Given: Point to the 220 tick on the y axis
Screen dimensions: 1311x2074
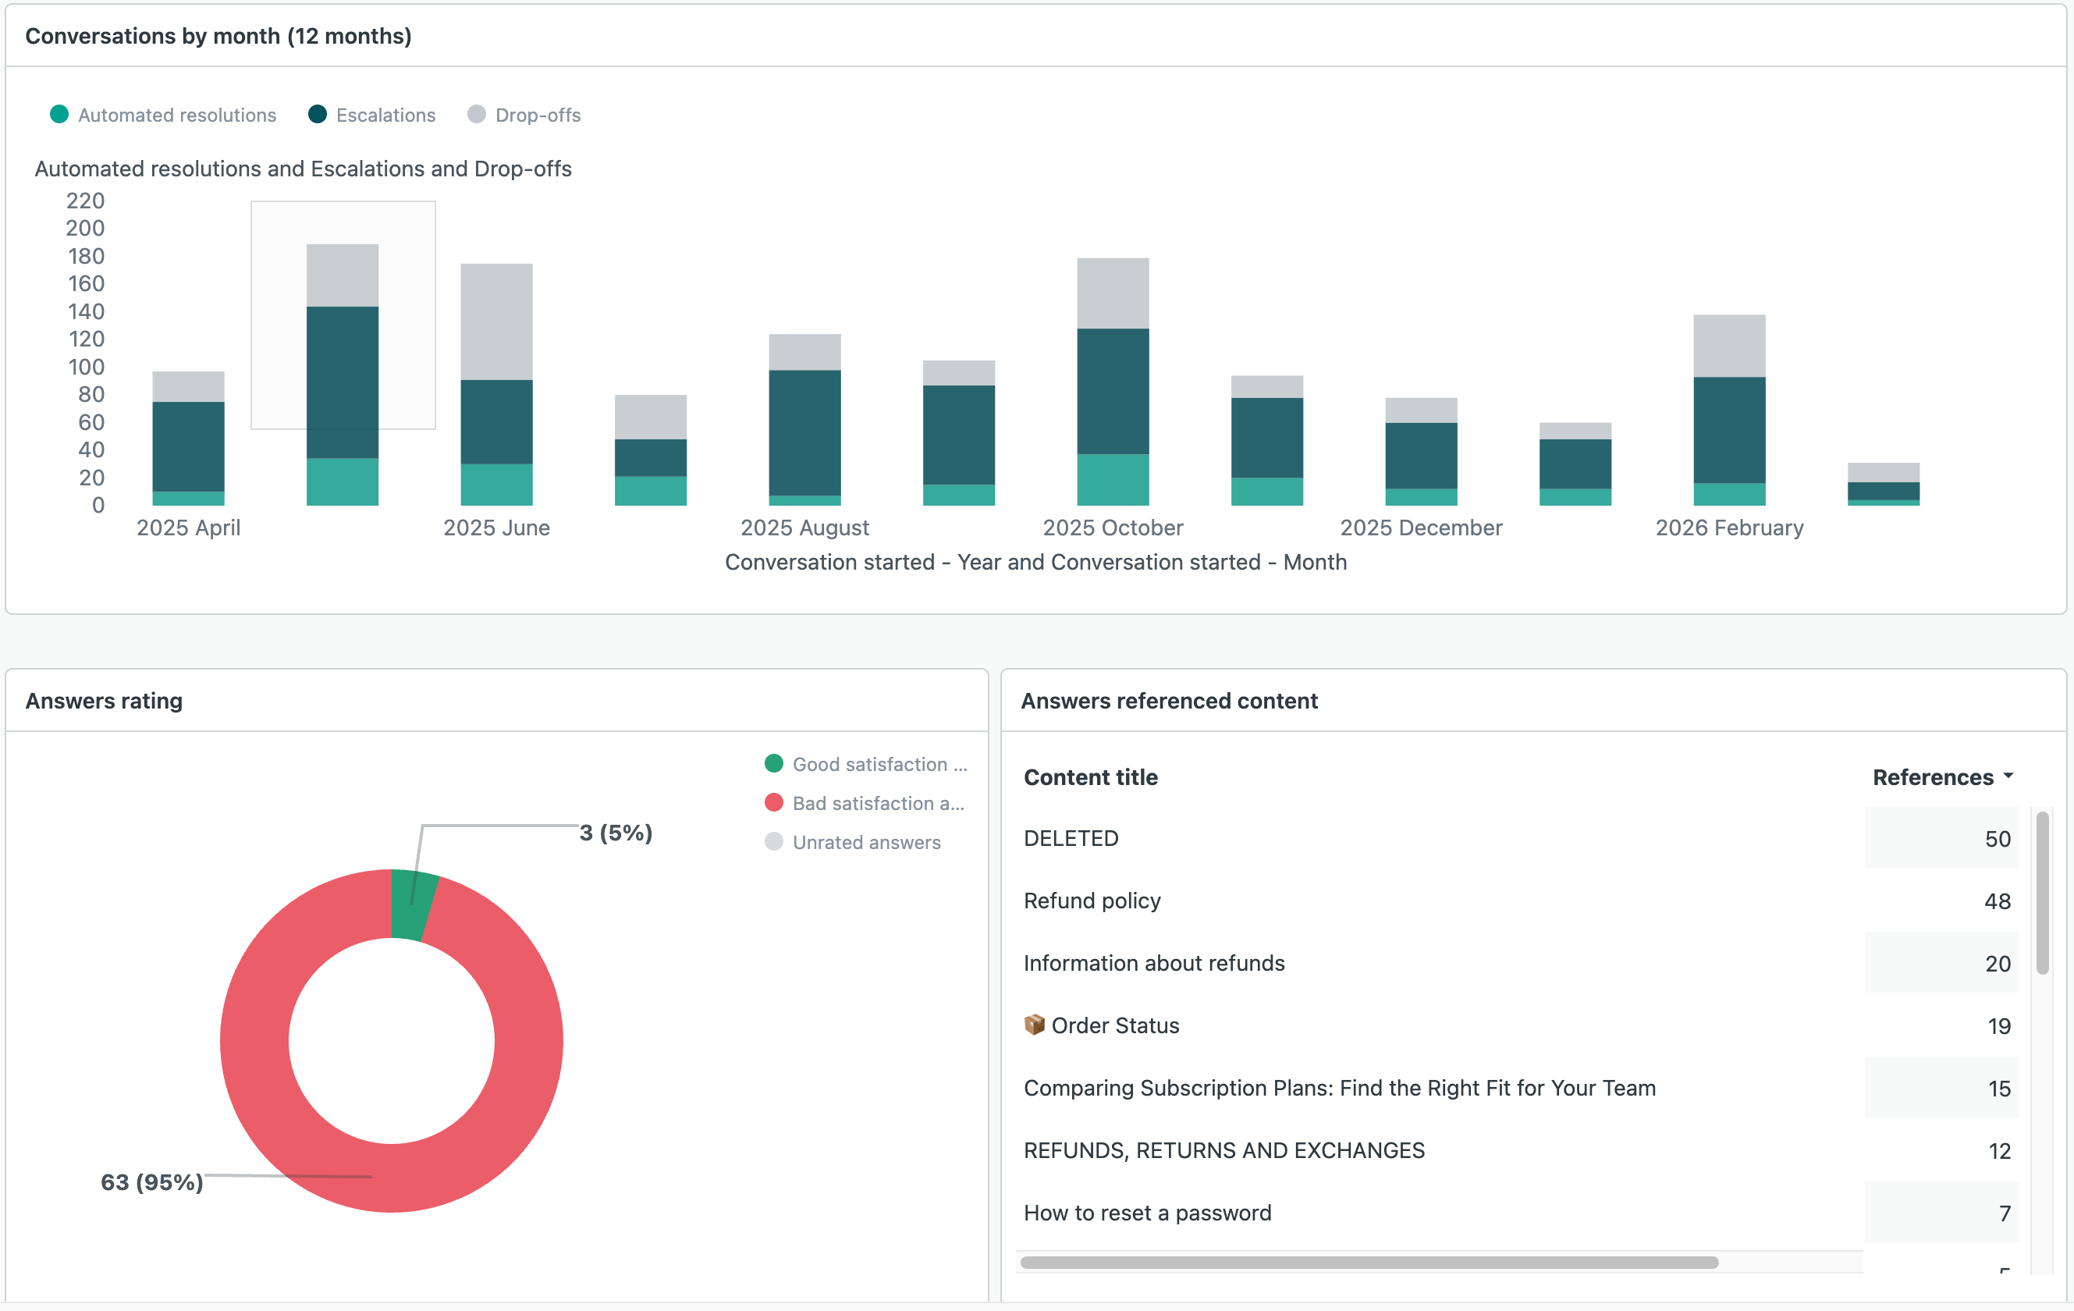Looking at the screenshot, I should pyautogui.click(x=85, y=201).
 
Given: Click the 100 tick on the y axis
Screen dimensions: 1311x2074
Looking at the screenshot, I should pyautogui.click(x=85, y=367).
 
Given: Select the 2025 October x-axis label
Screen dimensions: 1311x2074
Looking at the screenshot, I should pyautogui.click(x=1113, y=528).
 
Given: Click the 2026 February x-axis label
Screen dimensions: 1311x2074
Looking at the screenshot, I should pyautogui.click(x=1728, y=528).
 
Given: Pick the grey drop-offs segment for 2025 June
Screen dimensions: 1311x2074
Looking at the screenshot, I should pyautogui.click(x=497, y=322).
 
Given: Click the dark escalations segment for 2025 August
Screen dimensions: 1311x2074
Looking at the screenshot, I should pyautogui.click(x=804, y=432).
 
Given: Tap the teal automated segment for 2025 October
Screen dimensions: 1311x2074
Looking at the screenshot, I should pyautogui.click(x=1113, y=479).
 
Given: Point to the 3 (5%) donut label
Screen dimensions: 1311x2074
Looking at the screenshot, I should pyautogui.click(x=616, y=832).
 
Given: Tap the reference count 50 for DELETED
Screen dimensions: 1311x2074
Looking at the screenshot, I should pyautogui.click(x=1997, y=838).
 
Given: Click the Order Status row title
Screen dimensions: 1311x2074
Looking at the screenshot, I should pyautogui.click(x=1114, y=1025).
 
